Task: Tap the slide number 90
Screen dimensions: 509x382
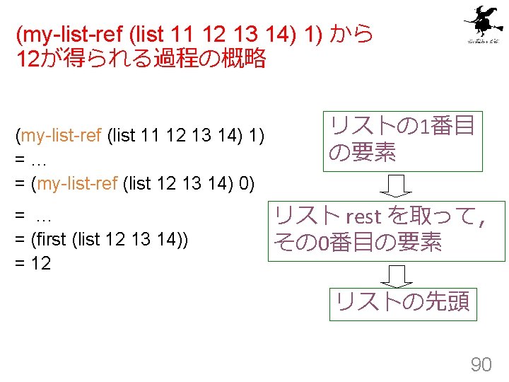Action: point(481,364)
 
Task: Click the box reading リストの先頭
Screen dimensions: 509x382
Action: point(402,302)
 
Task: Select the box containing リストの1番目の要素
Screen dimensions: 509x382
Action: point(402,139)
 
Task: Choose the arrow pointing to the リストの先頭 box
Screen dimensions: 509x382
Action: point(401,275)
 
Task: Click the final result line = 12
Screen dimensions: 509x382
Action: point(33,265)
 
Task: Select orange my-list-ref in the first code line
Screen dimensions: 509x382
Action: point(63,135)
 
